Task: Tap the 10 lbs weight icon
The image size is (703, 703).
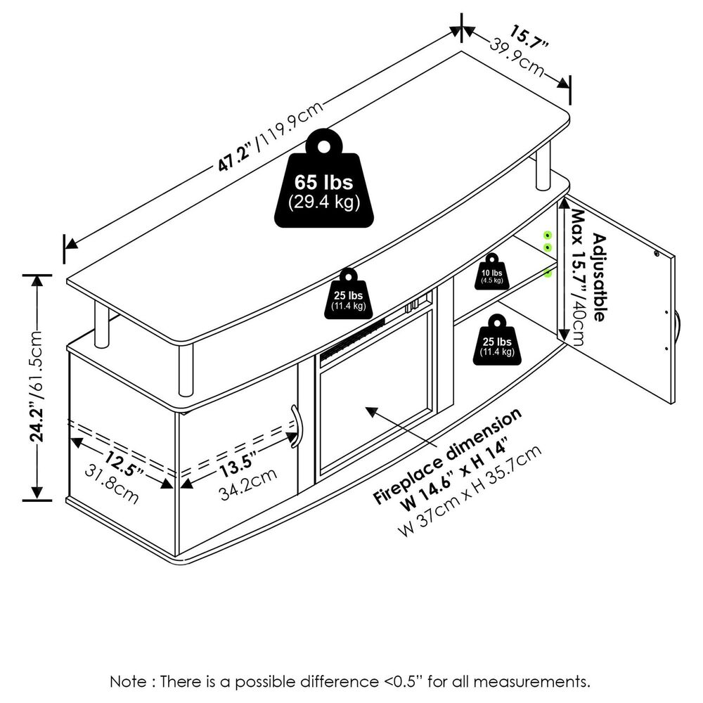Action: pos(492,273)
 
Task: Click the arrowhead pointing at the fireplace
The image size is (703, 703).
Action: pos(368,409)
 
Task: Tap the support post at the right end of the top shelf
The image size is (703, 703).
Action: pos(543,169)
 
